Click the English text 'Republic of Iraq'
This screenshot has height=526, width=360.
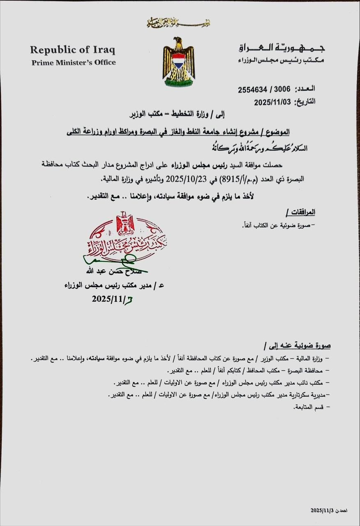[73, 50]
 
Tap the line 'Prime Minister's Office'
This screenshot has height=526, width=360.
[74, 62]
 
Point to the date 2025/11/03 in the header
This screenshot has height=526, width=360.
[272, 102]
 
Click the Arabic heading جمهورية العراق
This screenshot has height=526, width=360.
[282, 48]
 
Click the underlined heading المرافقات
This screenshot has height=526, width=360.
[300, 212]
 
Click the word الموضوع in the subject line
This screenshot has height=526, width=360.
[277, 132]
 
